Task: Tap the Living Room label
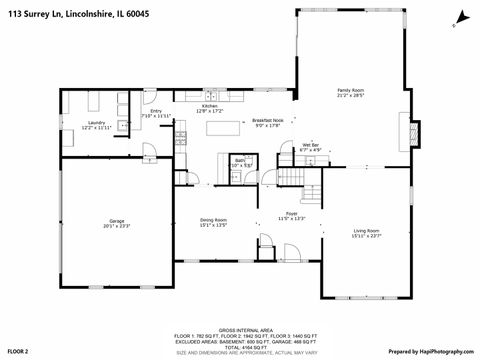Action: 366,233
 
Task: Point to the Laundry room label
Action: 96,124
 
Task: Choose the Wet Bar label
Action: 312,148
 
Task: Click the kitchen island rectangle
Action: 230,127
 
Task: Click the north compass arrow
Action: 460,17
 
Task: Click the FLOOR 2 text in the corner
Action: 18,352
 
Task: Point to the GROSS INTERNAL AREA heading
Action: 240,327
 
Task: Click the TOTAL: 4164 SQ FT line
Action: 240,345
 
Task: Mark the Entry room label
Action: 156,113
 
